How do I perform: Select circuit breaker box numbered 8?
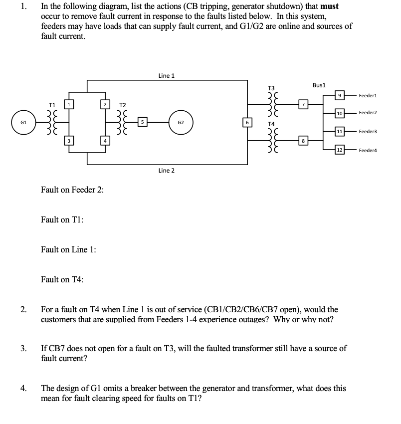point(302,141)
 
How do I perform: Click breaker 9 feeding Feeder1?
point(339,95)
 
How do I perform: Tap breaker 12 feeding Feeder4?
point(339,150)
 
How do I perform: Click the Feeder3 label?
point(368,132)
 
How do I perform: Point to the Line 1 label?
point(166,76)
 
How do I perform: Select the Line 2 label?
point(166,171)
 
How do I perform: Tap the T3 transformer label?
point(271,87)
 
